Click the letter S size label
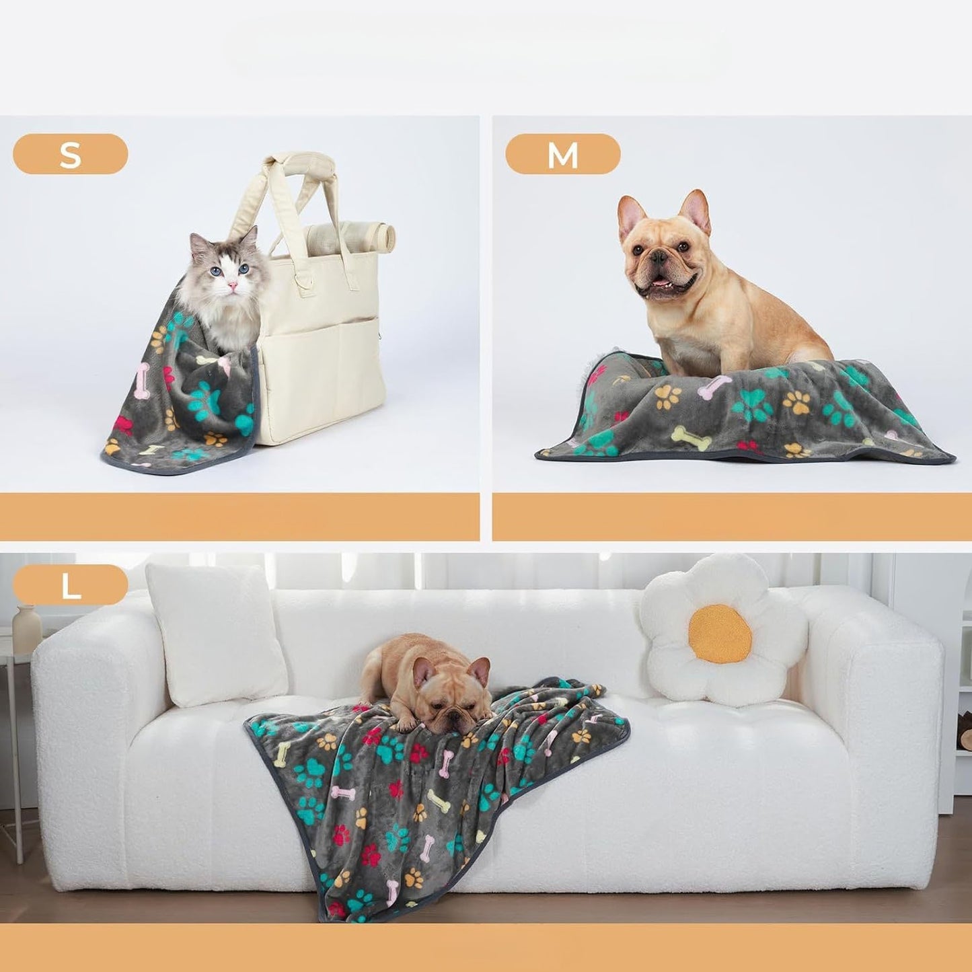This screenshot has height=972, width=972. tap(70, 154)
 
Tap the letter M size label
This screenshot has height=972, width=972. tap(562, 154)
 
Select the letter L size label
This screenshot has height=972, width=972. tap(70, 585)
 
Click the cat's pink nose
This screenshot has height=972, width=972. tap(232, 286)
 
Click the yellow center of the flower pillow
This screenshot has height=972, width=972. tap(720, 634)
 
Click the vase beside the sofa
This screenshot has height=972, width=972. tap(27, 629)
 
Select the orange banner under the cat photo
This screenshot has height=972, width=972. tap(239, 517)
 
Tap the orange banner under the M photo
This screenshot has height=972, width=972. tap(732, 517)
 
